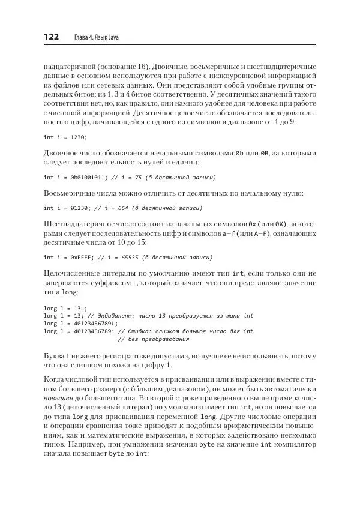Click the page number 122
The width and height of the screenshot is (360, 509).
point(51,37)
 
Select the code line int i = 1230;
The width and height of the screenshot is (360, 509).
point(65,137)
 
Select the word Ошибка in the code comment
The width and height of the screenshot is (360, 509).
point(145,331)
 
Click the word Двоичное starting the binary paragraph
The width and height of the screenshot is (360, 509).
point(62,153)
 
